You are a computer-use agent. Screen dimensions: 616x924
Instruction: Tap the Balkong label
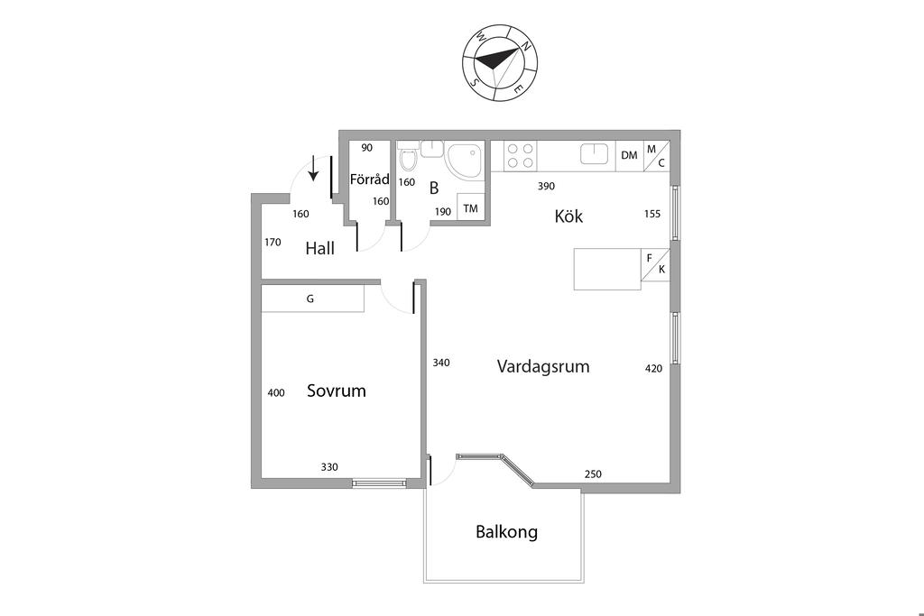coord(506,532)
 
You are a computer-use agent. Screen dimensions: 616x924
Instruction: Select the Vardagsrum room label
coord(543,367)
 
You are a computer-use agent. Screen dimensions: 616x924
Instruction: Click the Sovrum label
coord(336,391)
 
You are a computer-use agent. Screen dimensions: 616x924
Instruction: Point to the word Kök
coord(568,217)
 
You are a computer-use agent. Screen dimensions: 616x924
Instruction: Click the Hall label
coord(319,249)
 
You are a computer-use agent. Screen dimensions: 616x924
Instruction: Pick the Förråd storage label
coord(369,179)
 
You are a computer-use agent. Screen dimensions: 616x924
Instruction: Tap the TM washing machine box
coord(470,208)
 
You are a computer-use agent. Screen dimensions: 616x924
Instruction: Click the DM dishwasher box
coord(629,155)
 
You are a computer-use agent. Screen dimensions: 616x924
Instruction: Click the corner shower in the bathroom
coord(467,161)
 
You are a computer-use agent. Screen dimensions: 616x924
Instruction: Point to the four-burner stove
coord(521,155)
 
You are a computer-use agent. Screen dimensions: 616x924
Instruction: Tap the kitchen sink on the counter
coord(595,153)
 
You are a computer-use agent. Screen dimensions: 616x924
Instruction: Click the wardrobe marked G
coord(312,299)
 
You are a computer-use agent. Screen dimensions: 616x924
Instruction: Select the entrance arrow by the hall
coord(313,168)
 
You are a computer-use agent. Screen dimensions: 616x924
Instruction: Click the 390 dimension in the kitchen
coord(546,187)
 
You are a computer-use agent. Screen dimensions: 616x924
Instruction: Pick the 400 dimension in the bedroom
coord(276,393)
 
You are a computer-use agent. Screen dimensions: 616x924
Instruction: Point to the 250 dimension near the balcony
coord(593,474)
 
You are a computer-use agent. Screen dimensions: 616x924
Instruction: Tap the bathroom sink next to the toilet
coord(431,148)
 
